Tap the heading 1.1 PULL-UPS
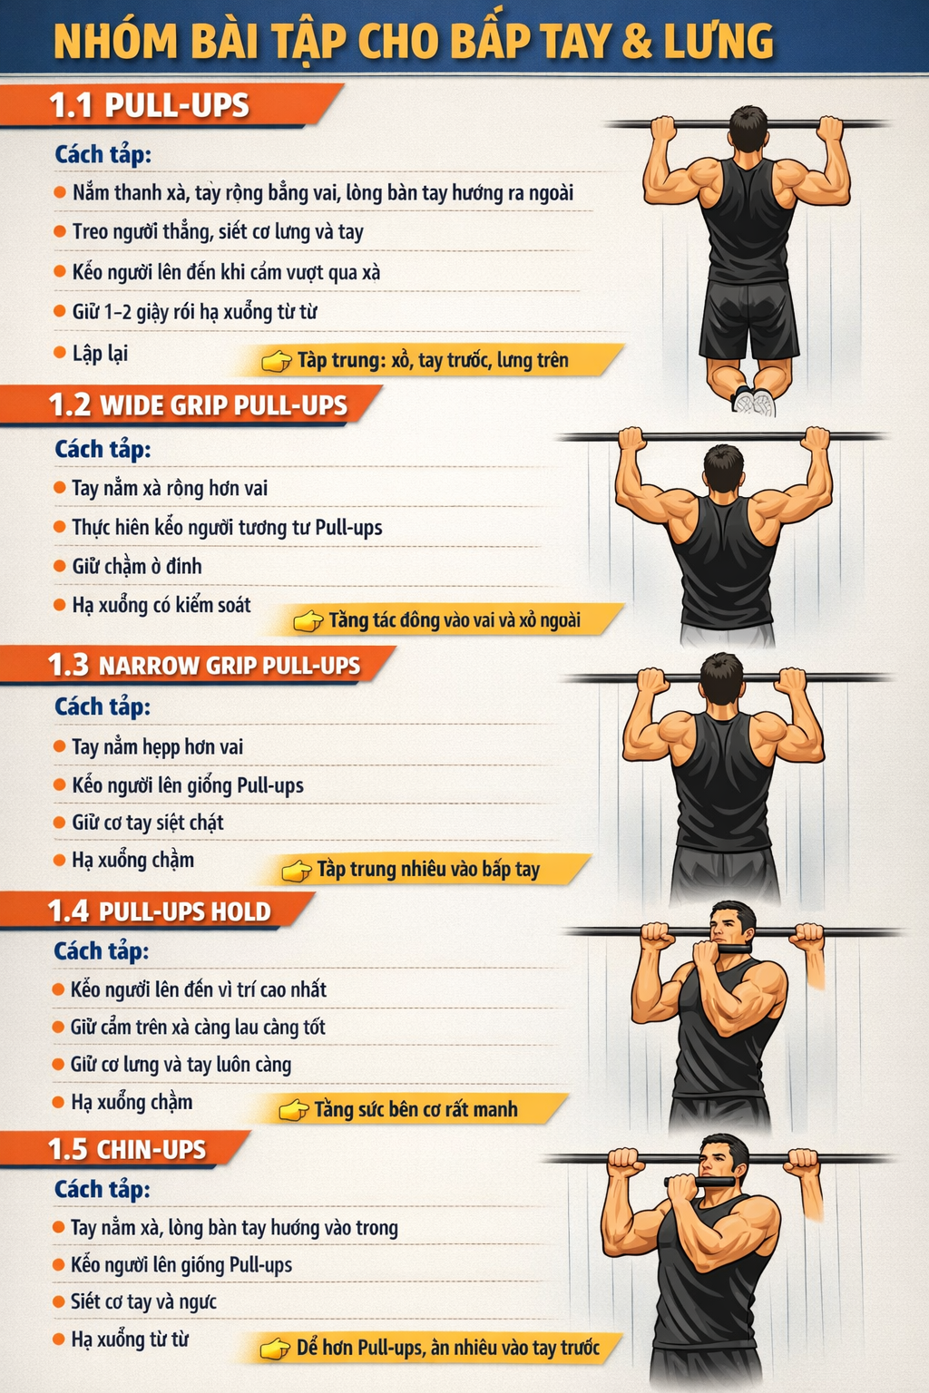150,105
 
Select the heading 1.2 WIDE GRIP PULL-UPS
198,405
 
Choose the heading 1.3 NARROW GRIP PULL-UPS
204,665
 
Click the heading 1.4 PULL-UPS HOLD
160,911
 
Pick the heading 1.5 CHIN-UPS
127,1149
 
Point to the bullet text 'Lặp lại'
100,353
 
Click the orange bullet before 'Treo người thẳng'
60,231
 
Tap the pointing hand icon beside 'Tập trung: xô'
277,361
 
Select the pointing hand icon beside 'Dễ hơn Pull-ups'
275,1349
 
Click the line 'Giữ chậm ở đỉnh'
137,566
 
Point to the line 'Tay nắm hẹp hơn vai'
158,746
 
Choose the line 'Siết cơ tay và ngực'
143,1301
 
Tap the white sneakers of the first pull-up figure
754,402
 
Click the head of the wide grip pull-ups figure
723,469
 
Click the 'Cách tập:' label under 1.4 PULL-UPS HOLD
102,950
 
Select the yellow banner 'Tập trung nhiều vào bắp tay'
429,869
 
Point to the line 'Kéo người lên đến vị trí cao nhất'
199,989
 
